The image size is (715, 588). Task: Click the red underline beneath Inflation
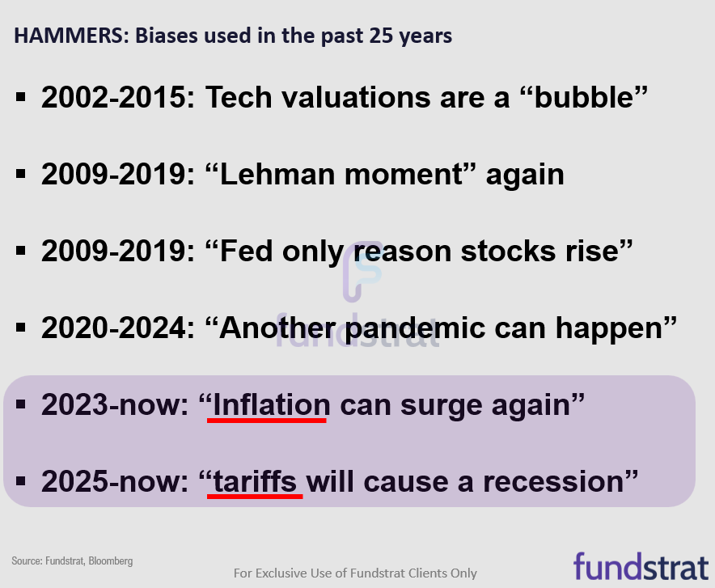coord(267,421)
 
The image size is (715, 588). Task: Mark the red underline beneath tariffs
coord(255,497)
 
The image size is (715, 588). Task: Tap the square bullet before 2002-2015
coord(22,99)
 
